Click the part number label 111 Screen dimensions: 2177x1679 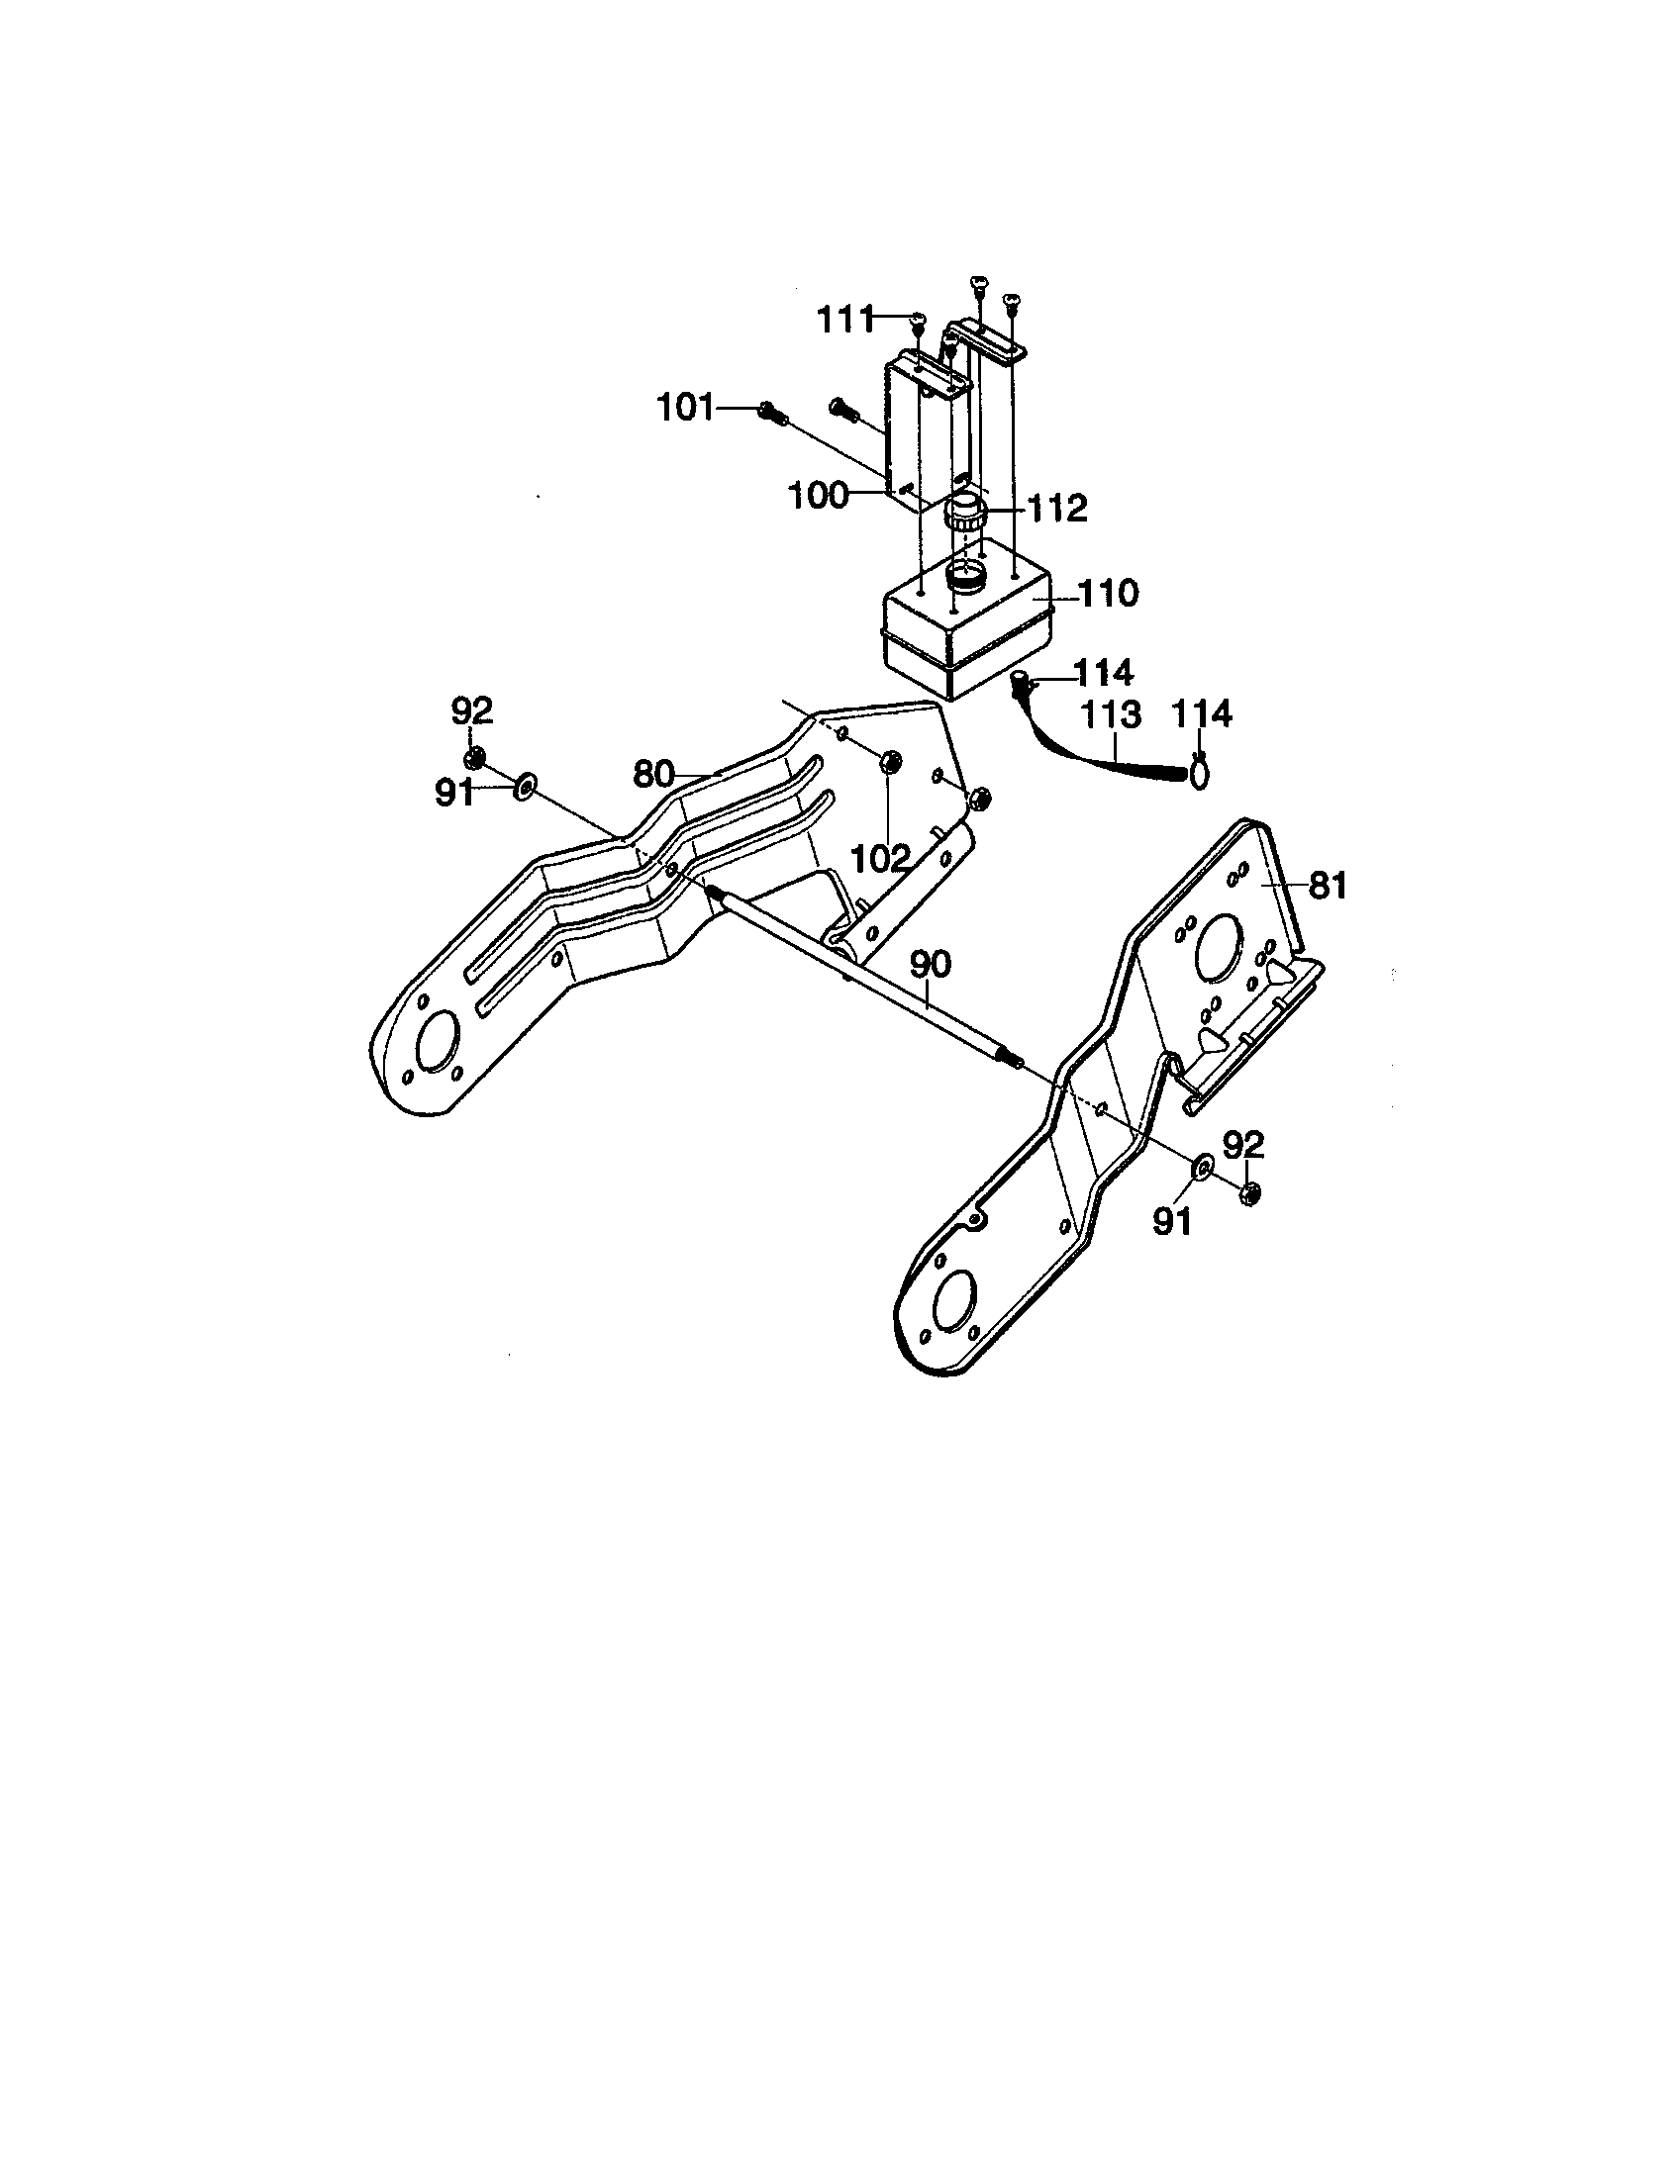(843, 320)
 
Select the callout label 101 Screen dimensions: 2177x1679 (684, 408)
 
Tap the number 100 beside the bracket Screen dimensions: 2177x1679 (818, 496)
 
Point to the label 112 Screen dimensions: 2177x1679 (1057, 509)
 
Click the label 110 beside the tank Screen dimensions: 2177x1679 (1109, 594)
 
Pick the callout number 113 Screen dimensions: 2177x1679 (1110, 714)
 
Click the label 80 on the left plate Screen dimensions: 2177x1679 (655, 773)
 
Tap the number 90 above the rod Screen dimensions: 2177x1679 (931, 964)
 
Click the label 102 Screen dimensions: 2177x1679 (881, 856)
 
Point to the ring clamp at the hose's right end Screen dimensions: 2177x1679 (1200, 773)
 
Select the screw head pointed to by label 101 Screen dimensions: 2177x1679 (766, 410)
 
